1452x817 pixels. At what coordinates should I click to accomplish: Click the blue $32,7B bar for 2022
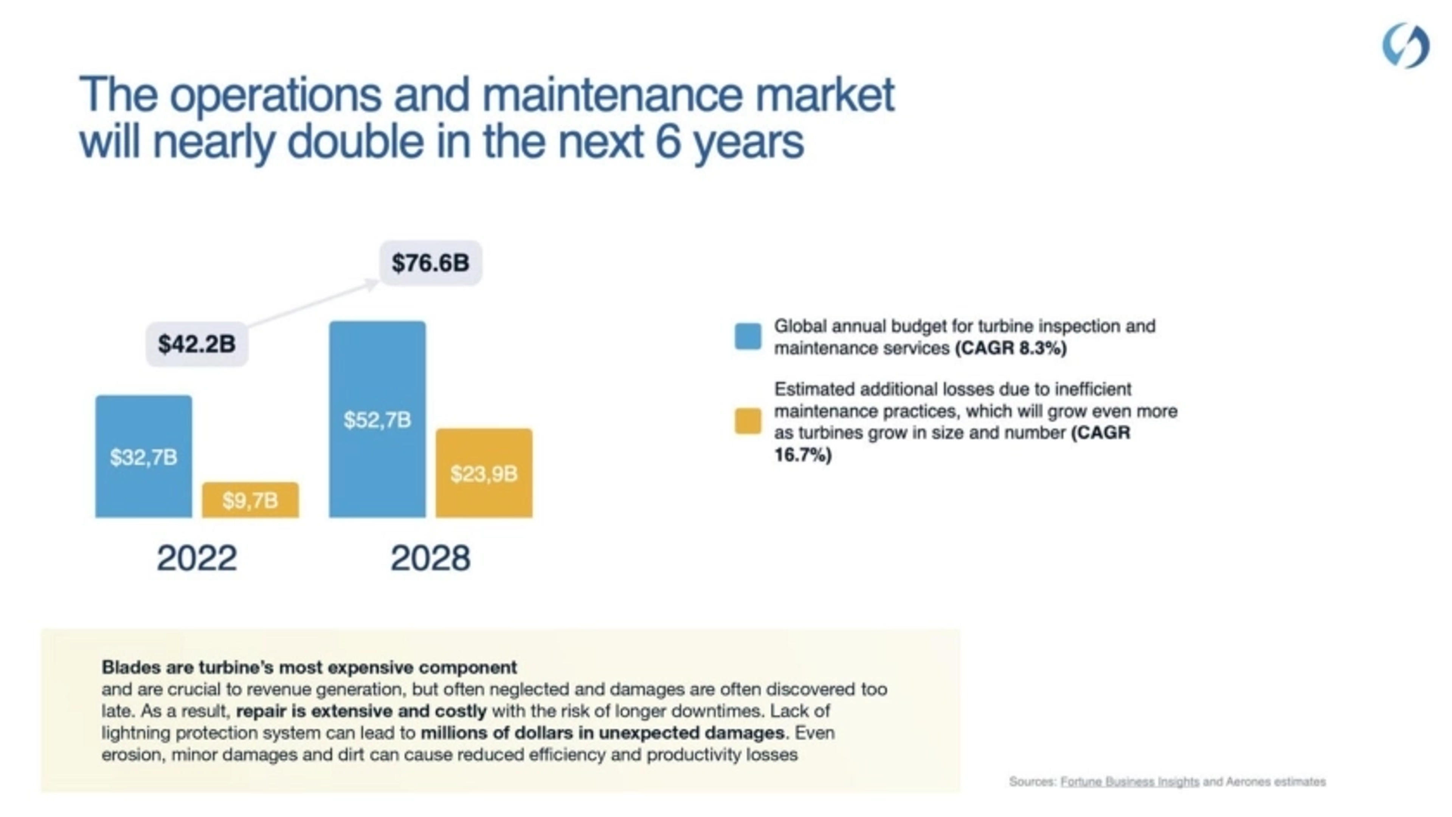click(143, 456)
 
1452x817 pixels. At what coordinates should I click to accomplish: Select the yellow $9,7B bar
click(250, 500)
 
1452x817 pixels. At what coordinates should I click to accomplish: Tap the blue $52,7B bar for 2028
click(377, 420)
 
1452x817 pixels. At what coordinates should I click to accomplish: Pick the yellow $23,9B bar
click(484, 473)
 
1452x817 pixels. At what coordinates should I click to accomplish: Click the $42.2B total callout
click(197, 344)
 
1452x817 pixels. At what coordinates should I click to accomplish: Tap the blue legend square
click(748, 336)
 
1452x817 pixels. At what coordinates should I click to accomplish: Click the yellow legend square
click(748, 421)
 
